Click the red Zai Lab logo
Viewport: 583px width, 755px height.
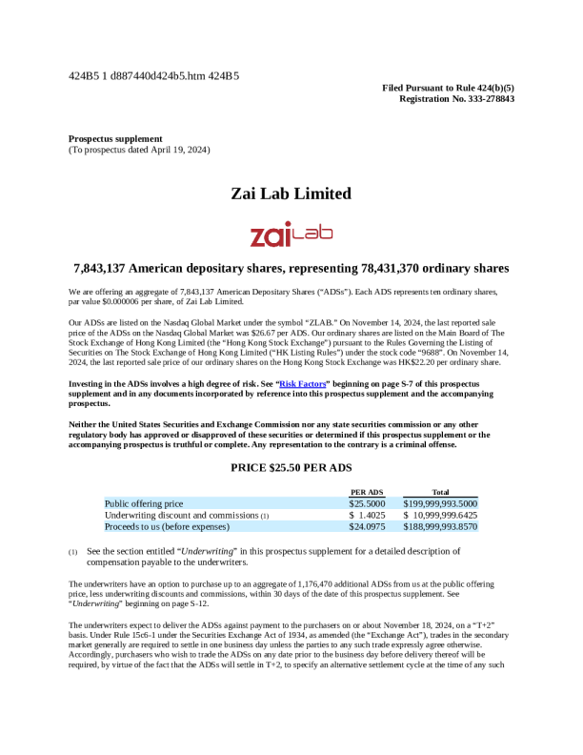pos(291,235)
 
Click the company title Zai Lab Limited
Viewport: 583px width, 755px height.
pos(291,194)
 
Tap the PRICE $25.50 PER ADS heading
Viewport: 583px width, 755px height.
pos(291,467)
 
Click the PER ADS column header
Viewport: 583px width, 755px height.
pos(368,491)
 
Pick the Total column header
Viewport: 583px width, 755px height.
pos(440,491)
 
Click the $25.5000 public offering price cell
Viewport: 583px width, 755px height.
pos(367,502)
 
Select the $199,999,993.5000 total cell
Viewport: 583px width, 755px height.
pos(440,502)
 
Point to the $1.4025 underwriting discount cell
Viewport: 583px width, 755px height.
pos(367,515)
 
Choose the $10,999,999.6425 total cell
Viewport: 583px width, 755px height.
pos(440,515)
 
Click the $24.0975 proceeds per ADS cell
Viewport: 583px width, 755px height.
pos(367,526)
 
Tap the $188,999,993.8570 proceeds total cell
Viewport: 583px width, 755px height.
pos(440,526)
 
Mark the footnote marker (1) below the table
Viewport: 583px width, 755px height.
pos(72,552)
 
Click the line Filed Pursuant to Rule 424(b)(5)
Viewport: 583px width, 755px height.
pos(448,88)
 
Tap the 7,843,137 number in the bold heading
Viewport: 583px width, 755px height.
pos(107,269)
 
